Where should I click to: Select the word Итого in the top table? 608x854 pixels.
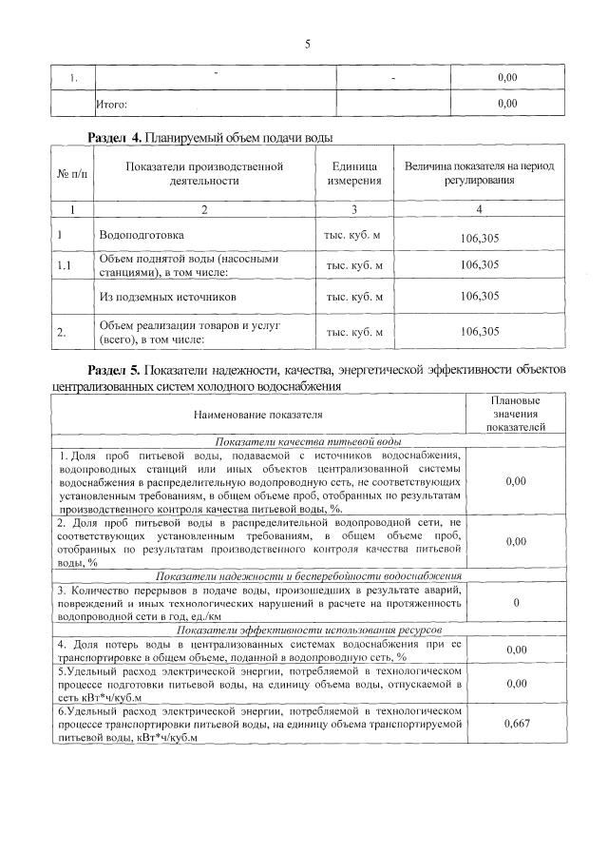112,103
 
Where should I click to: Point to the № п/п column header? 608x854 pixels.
72,174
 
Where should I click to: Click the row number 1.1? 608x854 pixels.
65,265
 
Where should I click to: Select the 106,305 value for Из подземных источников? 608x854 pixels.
479,297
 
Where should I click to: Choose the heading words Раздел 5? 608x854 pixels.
114,368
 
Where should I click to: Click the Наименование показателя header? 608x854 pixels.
258,416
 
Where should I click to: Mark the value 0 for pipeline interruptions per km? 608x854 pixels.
515,603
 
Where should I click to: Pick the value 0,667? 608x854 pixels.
515,724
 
